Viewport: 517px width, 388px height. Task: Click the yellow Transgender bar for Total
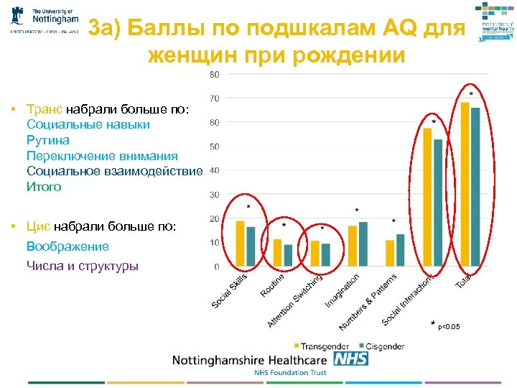465,184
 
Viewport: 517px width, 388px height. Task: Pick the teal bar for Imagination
363,244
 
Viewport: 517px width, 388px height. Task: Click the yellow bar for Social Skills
241,244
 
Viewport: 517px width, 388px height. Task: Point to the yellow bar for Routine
278,253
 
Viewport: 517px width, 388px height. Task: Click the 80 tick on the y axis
214,75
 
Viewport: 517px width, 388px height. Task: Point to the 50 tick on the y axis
214,147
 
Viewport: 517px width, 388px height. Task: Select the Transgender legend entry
322,346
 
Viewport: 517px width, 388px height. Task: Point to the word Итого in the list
44,187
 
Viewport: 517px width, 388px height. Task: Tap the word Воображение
67,246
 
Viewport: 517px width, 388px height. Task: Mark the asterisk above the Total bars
471,94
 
